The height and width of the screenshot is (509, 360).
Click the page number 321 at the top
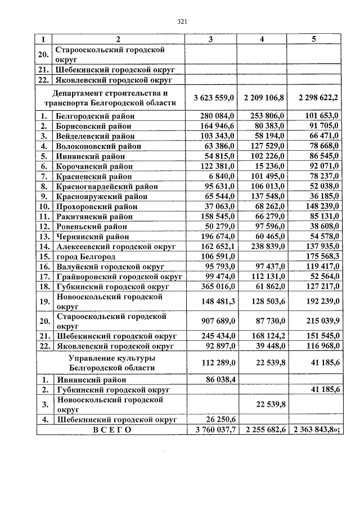coord(182,22)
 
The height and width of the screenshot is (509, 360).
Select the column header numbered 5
coord(314,38)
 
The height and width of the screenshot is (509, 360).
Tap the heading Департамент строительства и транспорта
coord(118,98)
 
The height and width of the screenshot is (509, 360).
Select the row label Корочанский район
coord(94,166)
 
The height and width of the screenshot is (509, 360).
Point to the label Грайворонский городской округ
coord(120,277)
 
